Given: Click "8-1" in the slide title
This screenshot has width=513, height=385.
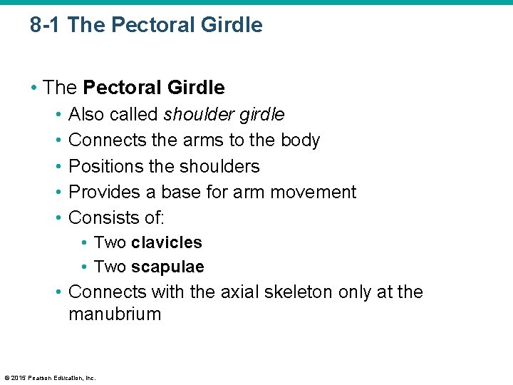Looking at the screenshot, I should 46,26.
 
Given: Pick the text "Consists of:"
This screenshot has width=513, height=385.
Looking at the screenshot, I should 116,217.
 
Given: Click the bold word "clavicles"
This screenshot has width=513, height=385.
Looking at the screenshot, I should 167,242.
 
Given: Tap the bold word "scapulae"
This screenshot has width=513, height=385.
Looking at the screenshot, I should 167,267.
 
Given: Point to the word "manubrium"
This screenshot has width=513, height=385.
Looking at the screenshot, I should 115,314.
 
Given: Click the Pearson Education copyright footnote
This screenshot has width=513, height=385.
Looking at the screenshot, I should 50,377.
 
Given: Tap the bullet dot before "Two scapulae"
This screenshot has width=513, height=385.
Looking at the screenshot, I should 84,267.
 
